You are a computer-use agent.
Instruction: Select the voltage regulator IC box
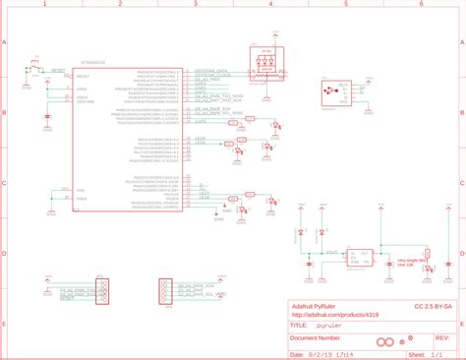pyautogui.click(x=355, y=257)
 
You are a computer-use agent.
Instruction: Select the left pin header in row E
pyautogui.click(x=100, y=291)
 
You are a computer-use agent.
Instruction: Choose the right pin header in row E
pyautogui.click(x=163, y=291)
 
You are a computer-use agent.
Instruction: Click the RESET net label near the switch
pyautogui.click(x=58, y=71)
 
